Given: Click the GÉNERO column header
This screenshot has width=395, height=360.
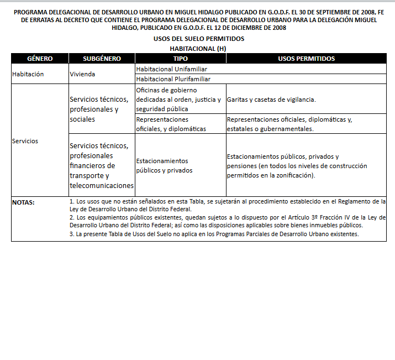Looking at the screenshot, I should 40,59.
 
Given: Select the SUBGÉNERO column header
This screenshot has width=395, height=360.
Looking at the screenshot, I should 102,59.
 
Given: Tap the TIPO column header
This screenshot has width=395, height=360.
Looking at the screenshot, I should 180,59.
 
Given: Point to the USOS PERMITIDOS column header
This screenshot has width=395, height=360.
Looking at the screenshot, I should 307,59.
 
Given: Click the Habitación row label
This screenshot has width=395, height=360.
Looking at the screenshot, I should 28,74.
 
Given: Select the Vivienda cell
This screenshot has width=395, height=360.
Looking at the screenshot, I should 82,74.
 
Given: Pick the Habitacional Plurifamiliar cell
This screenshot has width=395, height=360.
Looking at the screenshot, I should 173,79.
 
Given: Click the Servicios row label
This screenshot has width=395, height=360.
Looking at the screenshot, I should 25,141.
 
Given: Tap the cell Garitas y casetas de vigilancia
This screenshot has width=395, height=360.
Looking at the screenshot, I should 271,100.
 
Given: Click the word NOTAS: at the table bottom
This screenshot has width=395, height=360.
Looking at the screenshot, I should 23,202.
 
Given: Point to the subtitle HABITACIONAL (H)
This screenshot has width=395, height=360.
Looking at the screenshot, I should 198,49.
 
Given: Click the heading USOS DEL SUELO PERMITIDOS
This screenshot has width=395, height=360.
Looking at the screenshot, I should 198,39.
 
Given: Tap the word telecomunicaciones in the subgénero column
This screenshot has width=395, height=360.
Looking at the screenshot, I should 102,185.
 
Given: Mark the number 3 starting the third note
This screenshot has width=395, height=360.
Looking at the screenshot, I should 72,234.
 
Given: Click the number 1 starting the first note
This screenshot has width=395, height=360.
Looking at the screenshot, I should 72,202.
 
